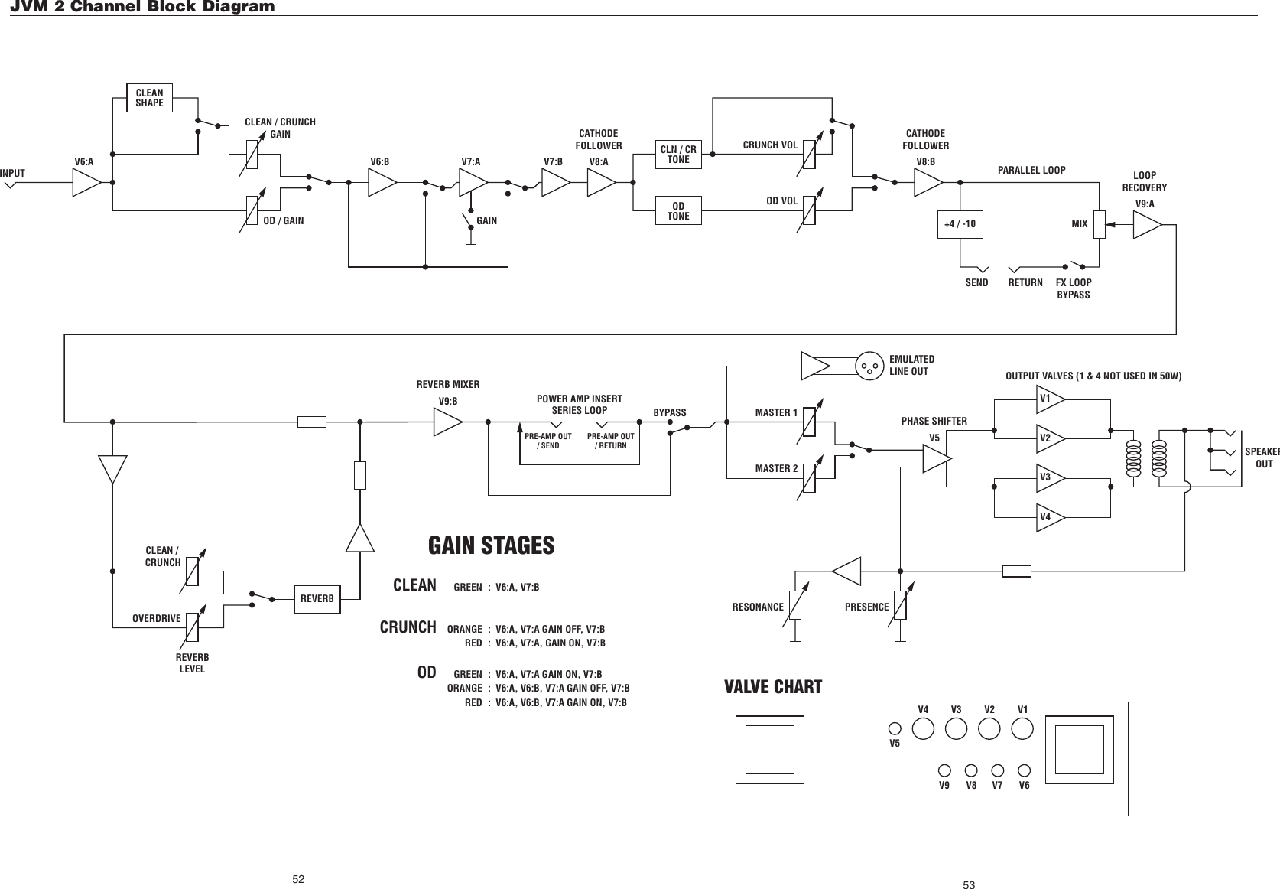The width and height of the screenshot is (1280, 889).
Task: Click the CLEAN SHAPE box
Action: coord(149,98)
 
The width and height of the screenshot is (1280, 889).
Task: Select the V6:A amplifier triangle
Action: coord(86,183)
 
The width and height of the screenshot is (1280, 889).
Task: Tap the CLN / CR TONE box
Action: coord(678,155)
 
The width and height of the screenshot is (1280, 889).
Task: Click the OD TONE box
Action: coord(678,211)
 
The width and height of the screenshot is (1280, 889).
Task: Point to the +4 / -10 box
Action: coord(960,225)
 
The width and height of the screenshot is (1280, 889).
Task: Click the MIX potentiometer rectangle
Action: coord(1100,225)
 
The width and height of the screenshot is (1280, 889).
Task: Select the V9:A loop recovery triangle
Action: coord(1146,225)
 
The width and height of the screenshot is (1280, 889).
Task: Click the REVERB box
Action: coord(317,598)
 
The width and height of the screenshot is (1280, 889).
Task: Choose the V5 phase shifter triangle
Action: coord(936,458)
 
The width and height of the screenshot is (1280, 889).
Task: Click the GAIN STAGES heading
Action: coord(491,546)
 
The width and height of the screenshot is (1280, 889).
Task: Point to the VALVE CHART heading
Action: coord(772,687)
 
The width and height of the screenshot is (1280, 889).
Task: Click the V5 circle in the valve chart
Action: coord(894,729)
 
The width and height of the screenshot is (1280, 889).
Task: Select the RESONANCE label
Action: coord(758,607)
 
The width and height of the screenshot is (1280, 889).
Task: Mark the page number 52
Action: coord(298,878)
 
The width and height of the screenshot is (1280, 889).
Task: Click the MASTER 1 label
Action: coord(776,413)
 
